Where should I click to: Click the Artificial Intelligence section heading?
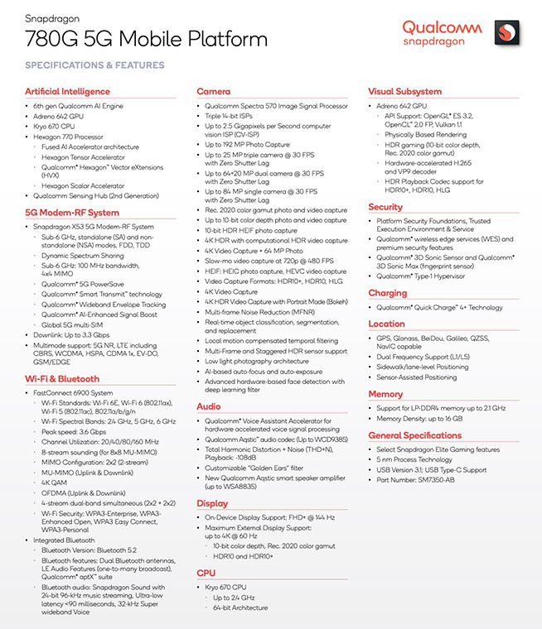click(x=67, y=92)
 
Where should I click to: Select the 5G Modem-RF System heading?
click(x=72, y=213)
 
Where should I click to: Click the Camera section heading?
click(x=214, y=92)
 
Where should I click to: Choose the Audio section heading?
click(x=209, y=406)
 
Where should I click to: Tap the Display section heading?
click(x=212, y=503)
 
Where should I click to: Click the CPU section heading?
click(x=206, y=572)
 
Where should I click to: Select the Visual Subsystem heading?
click(x=404, y=92)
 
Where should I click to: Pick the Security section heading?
click(x=385, y=207)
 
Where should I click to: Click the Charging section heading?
click(x=387, y=293)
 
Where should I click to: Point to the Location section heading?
click(x=386, y=324)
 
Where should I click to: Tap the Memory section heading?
click(x=385, y=395)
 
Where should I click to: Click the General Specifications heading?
click(x=415, y=435)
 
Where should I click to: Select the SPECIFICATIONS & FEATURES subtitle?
click(x=94, y=65)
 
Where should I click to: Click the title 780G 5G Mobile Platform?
click(x=119, y=38)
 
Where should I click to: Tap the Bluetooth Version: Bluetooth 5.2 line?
click(x=88, y=550)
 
